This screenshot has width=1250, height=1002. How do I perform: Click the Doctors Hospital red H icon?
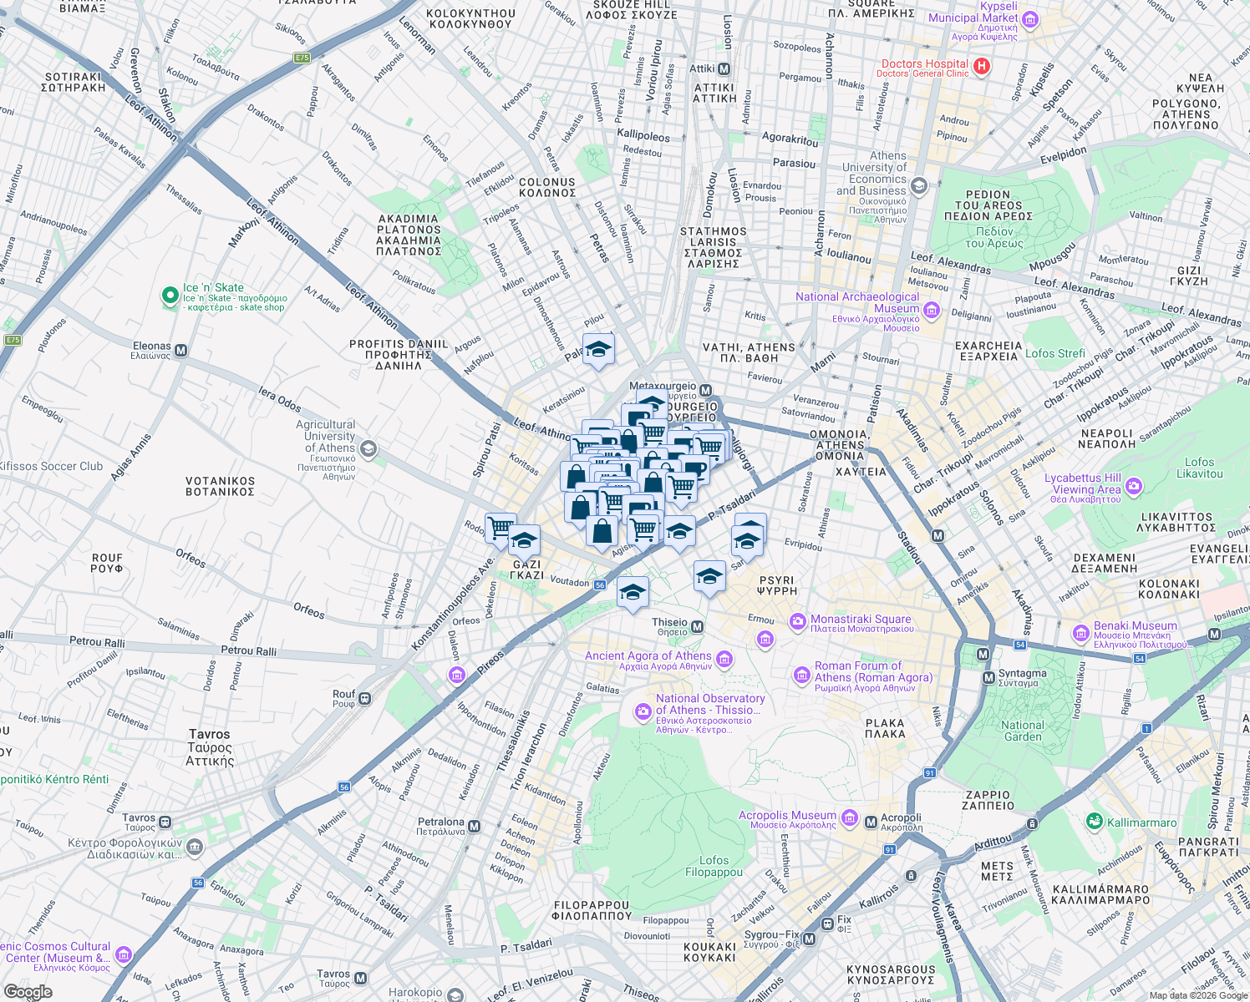pyautogui.click(x=981, y=66)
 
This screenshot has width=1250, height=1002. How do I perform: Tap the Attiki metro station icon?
pyautogui.click(x=724, y=68)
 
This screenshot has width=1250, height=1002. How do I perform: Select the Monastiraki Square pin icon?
pyautogui.click(x=798, y=620)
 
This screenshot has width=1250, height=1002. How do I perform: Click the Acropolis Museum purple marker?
pyautogui.click(x=850, y=816)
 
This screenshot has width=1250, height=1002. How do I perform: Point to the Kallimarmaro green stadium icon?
pyautogui.click(x=1094, y=822)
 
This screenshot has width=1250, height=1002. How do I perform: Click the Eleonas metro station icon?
pyautogui.click(x=180, y=351)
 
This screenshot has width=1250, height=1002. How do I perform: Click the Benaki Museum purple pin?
pyautogui.click(x=1080, y=630)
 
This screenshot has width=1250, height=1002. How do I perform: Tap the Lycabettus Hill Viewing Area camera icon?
pyautogui.click(x=1133, y=485)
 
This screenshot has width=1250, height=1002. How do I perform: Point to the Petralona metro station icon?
pyautogui.click(x=474, y=827)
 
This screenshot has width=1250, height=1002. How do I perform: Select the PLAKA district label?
pyautogui.click(x=885, y=728)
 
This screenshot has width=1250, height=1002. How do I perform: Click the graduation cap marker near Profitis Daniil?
pyautogui.click(x=598, y=350)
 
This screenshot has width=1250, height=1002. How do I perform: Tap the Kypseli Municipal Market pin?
pyautogui.click(x=1030, y=19)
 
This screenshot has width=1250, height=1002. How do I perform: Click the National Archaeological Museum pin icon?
pyautogui.click(x=932, y=311)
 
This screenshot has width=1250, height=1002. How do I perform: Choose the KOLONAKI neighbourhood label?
pyautogui.click(x=1169, y=590)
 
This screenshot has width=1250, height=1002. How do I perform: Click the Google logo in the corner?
pyautogui.click(x=28, y=992)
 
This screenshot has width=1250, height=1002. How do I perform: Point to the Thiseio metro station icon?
pyautogui.click(x=698, y=626)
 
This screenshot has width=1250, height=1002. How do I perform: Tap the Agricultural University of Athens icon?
pyautogui.click(x=368, y=449)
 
